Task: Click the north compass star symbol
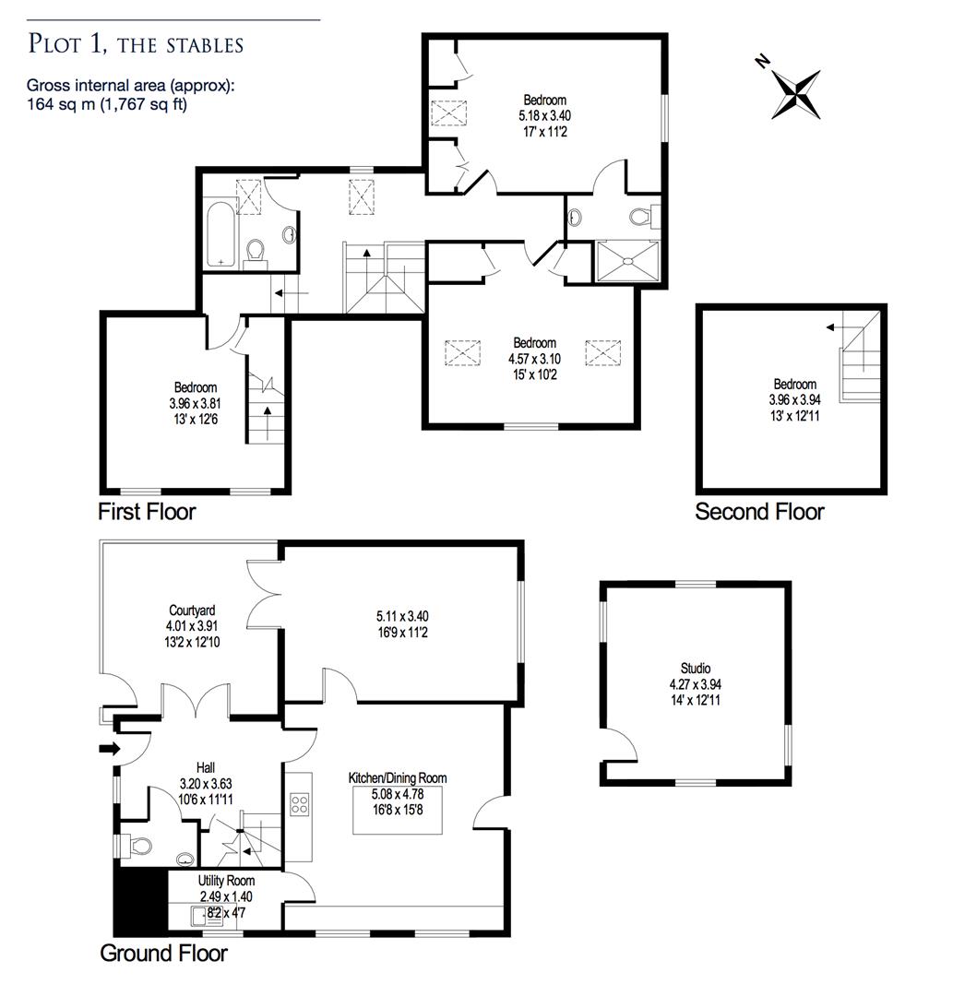(794, 92)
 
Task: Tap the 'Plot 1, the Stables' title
(136, 43)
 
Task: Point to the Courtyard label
(192, 611)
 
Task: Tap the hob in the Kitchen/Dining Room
(300, 804)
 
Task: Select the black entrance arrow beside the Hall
(109, 748)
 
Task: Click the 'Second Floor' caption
(759, 512)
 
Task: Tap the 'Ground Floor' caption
(163, 953)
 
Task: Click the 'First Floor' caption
(147, 511)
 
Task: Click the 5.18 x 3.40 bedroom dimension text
(545, 115)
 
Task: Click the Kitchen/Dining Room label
(397, 778)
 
